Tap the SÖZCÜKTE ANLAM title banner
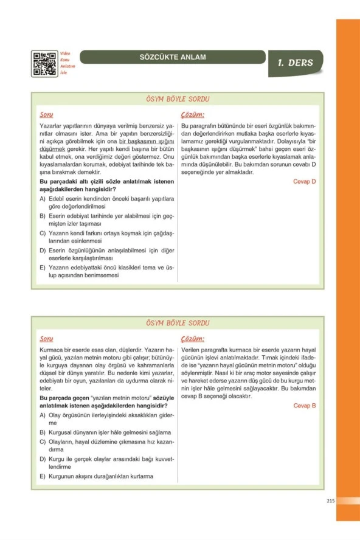point(173,58)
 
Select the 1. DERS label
point(295,63)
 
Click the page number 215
point(331,500)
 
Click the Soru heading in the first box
point(46,114)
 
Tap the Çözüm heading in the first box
point(192,114)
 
